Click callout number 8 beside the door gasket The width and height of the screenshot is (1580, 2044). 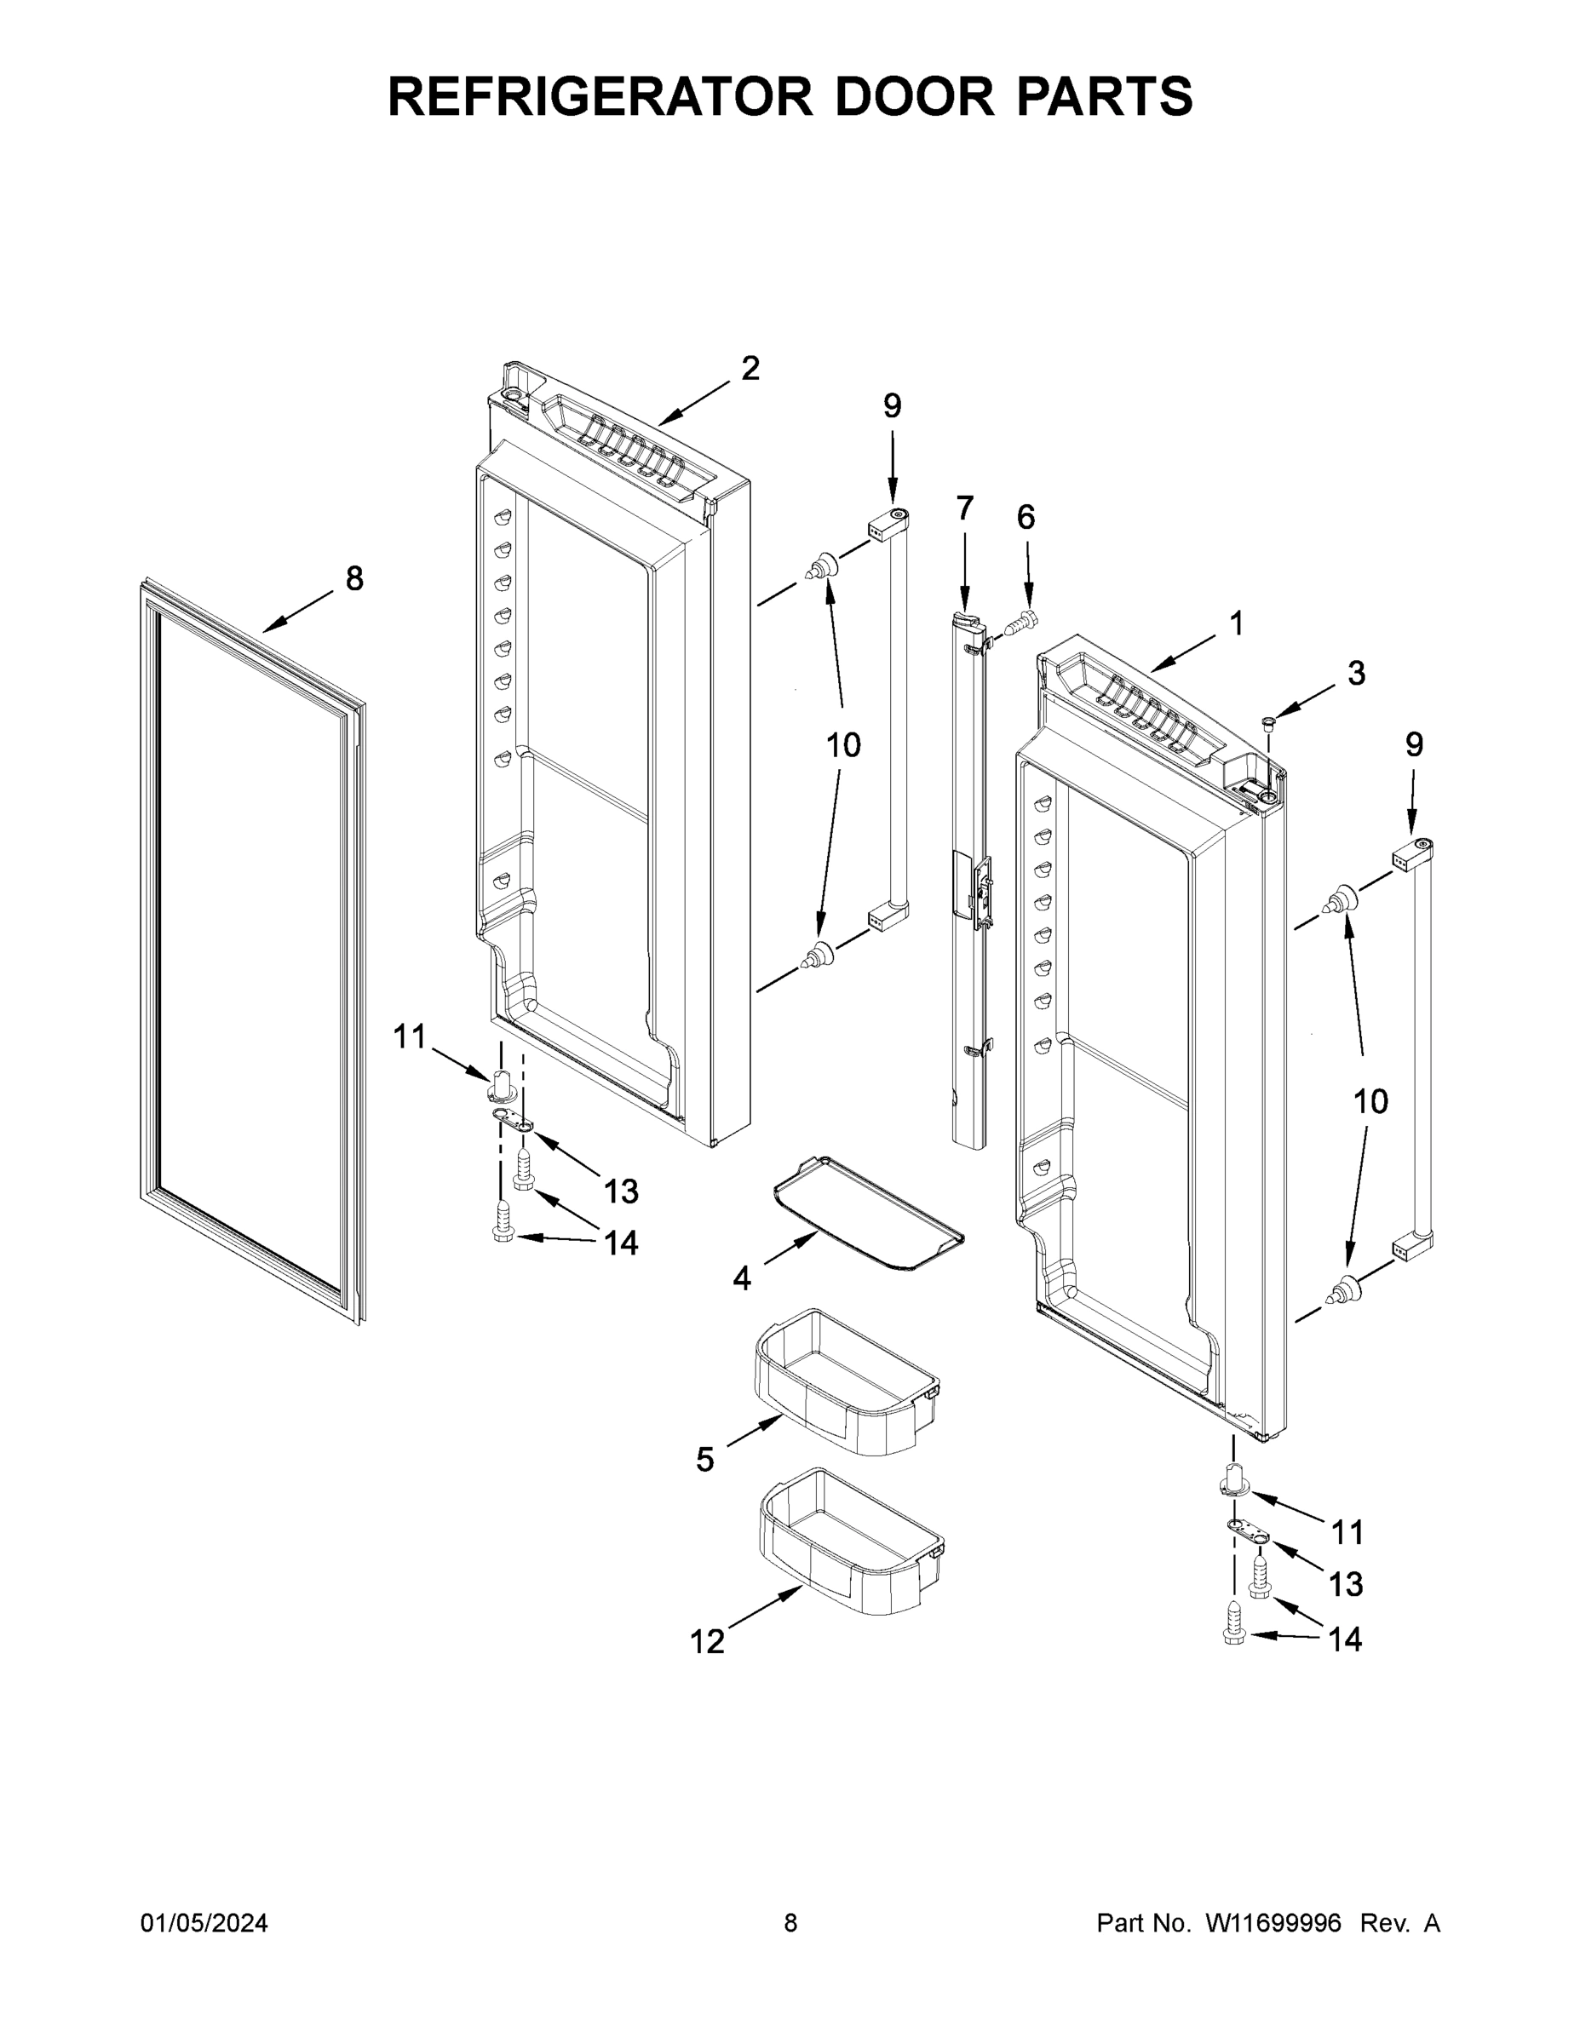pyautogui.click(x=353, y=578)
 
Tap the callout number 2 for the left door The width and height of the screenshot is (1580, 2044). pyautogui.click(x=750, y=369)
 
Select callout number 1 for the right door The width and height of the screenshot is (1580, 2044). pyautogui.click(x=1236, y=623)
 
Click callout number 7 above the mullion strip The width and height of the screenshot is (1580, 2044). pyautogui.click(x=964, y=508)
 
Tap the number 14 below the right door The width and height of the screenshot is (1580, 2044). pyautogui.click(x=1345, y=1639)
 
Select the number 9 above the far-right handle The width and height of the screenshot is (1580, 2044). pyautogui.click(x=1413, y=744)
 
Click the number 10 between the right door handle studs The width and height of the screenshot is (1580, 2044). pyautogui.click(x=1370, y=1101)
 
